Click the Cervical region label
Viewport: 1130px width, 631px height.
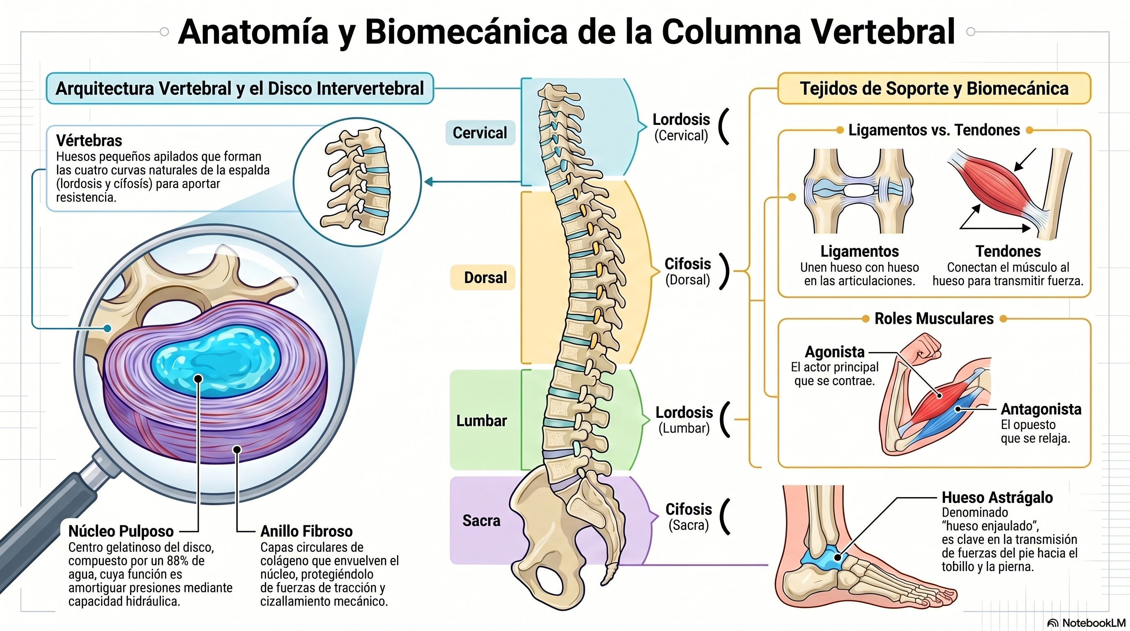click(480, 133)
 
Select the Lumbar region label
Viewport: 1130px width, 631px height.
click(481, 420)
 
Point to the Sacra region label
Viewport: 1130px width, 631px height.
click(481, 520)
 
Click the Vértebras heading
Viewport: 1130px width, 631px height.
click(89, 140)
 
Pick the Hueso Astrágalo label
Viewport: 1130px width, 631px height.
click(997, 497)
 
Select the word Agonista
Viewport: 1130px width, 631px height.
click(834, 352)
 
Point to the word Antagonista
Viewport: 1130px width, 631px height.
click(1041, 409)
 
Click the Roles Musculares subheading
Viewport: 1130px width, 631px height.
click(934, 318)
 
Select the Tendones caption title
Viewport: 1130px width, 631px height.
click(1008, 251)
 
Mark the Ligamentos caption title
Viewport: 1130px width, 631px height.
click(859, 251)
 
